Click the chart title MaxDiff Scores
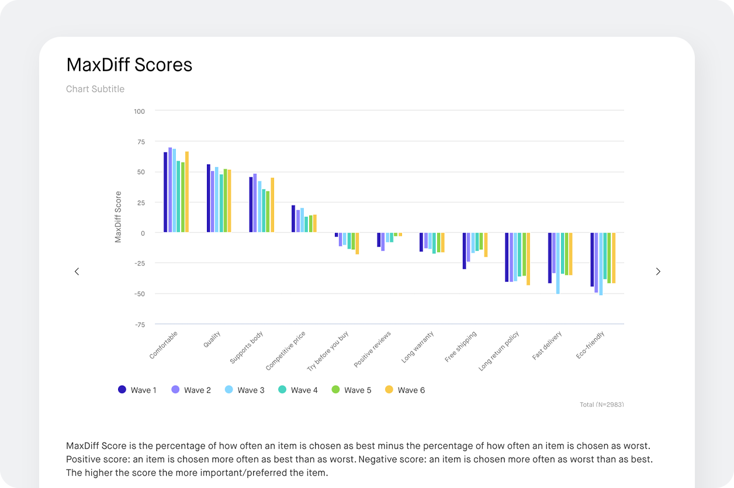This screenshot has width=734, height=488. point(129,65)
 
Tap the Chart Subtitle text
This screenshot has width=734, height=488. point(95,89)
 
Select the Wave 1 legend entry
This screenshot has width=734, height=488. point(137,390)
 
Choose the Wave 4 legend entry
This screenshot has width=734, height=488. point(298,390)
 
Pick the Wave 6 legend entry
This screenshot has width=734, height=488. point(405,390)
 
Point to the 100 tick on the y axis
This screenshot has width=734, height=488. point(139,111)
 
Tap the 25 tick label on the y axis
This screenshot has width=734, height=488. point(140,203)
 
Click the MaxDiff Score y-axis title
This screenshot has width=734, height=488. point(119,217)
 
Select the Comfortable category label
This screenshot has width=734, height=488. point(164,345)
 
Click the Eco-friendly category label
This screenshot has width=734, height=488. point(590,345)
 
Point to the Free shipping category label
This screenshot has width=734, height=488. point(461,347)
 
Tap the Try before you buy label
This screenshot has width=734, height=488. point(328,351)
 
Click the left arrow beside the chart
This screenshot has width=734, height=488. point(77,271)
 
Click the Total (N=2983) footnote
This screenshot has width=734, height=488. point(601,405)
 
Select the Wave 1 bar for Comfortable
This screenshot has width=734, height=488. point(165,192)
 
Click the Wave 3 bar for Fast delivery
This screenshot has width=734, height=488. point(558,263)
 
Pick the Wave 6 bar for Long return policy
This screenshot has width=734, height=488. point(528,259)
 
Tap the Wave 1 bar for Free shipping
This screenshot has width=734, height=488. point(465,250)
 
